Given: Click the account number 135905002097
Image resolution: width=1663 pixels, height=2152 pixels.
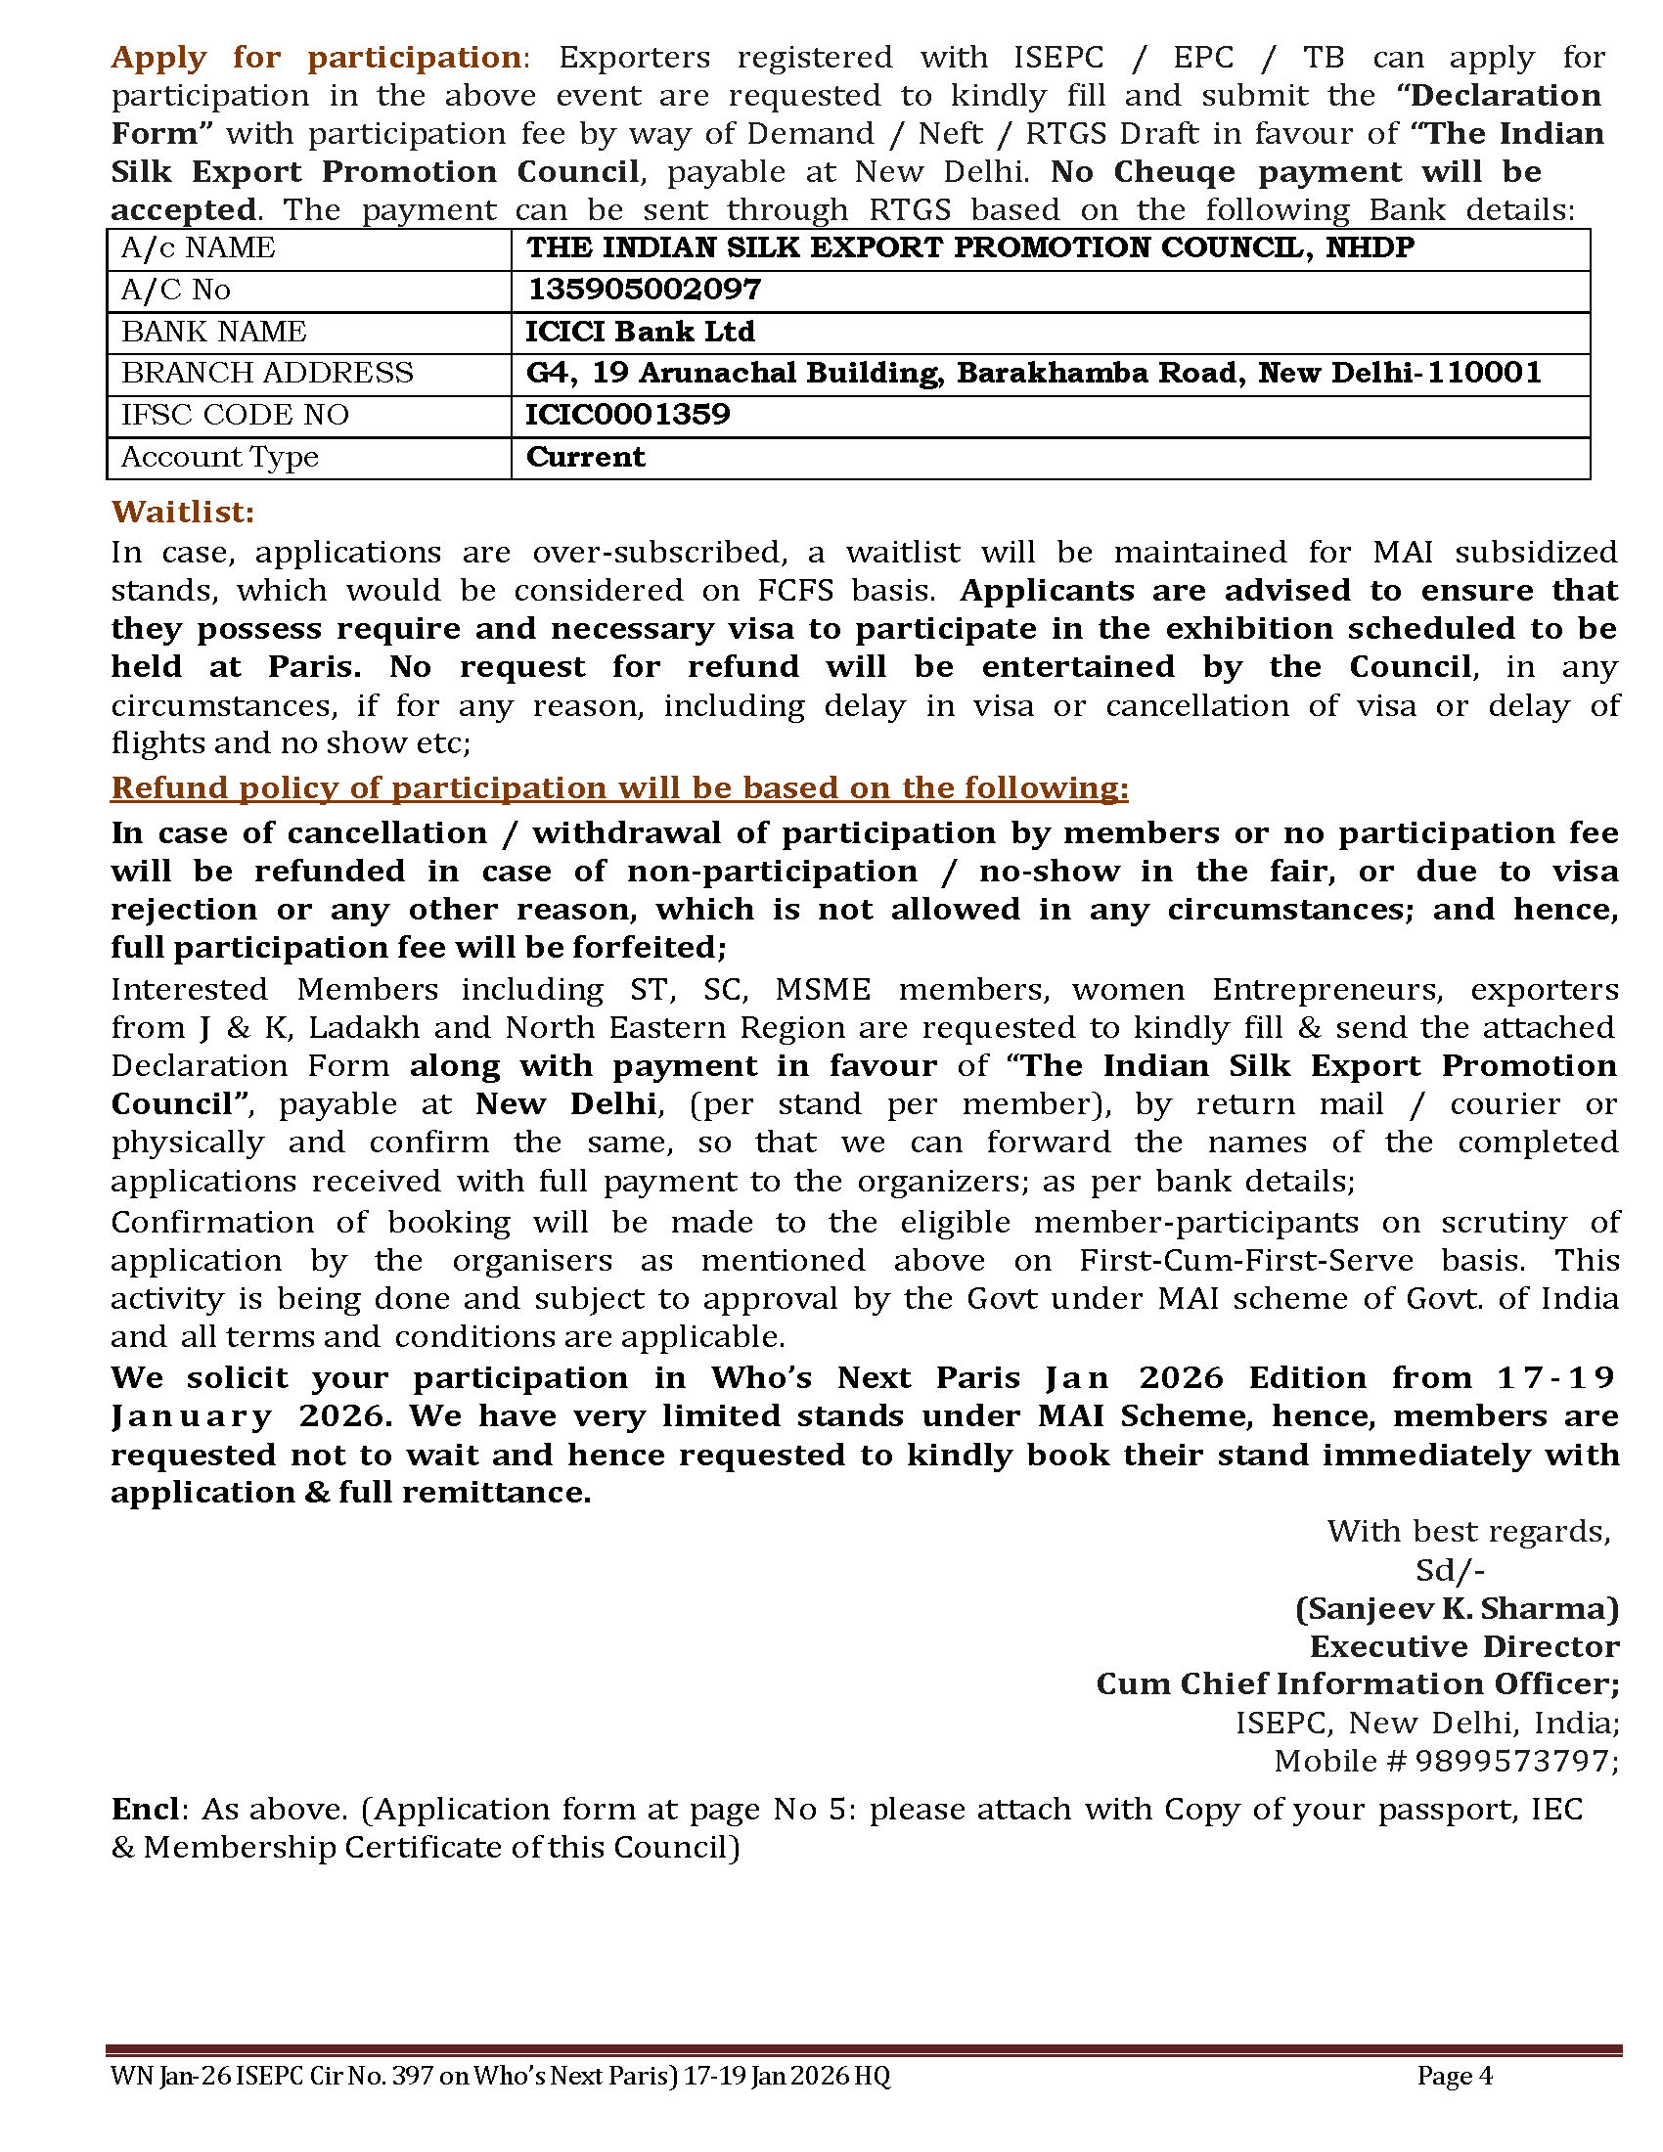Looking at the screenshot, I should pyautogui.click(x=644, y=290).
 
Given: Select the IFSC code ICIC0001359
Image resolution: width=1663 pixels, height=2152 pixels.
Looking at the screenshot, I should pyautogui.click(x=628, y=414).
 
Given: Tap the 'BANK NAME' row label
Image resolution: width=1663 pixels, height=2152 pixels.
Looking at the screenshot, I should pyautogui.click(x=214, y=331).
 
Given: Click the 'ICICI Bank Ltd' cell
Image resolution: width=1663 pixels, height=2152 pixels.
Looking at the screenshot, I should pyautogui.click(x=640, y=331).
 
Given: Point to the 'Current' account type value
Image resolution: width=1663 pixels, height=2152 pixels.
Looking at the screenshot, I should pyautogui.click(x=585, y=457).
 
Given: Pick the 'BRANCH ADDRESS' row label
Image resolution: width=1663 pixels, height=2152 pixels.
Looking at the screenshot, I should pyautogui.click(x=267, y=373).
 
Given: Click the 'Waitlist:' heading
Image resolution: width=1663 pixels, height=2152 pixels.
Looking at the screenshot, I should pyautogui.click(x=182, y=512).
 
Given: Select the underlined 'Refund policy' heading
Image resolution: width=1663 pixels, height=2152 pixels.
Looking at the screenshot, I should pyautogui.click(x=618, y=787).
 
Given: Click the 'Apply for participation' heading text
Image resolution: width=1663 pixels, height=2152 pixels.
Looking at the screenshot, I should pyautogui.click(x=315, y=57).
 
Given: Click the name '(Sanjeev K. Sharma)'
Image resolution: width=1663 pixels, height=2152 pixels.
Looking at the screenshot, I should pyautogui.click(x=1457, y=1609).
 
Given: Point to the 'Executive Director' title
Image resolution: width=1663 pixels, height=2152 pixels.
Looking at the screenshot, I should pyautogui.click(x=1464, y=1646).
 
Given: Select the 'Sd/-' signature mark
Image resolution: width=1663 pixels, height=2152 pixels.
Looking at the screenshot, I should pyautogui.click(x=1449, y=1570).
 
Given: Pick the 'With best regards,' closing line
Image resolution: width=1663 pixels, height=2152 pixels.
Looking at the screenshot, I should pyautogui.click(x=1468, y=1531).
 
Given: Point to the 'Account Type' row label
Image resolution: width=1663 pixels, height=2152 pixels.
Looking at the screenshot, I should pyautogui.click(x=220, y=457).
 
